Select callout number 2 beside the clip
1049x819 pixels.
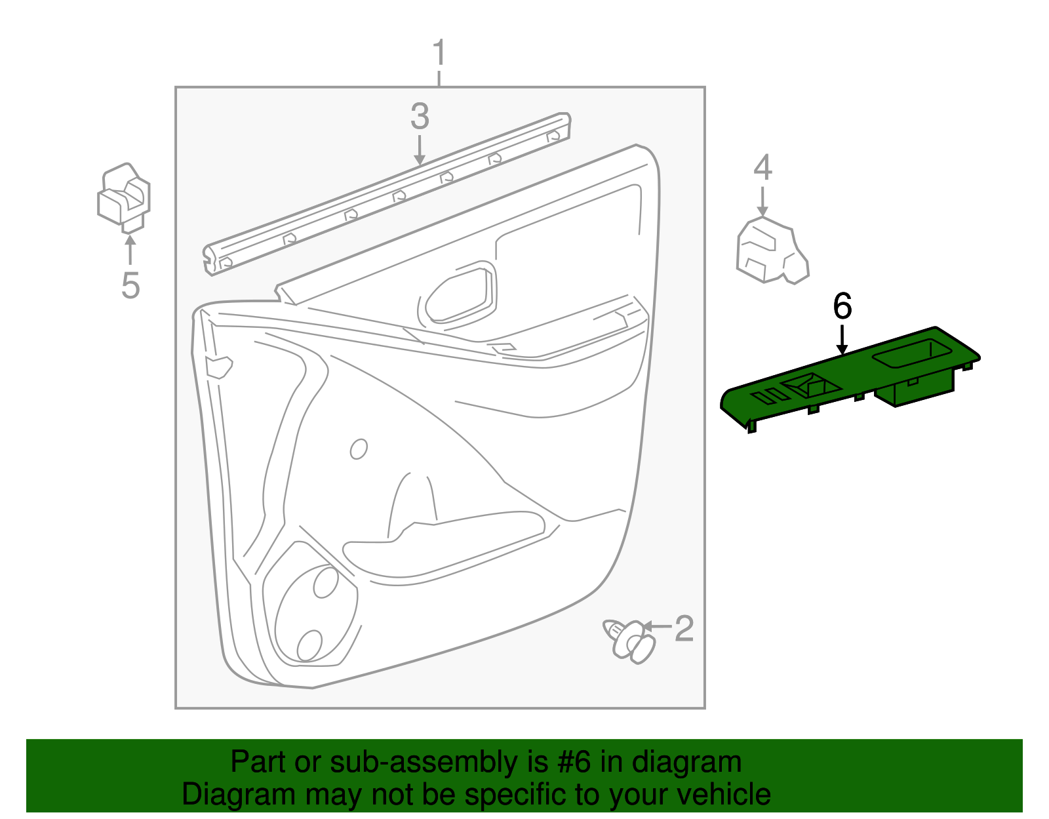point(684,629)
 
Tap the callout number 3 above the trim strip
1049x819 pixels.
point(420,117)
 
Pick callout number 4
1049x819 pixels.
point(762,168)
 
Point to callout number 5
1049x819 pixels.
point(130,285)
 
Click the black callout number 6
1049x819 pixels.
point(842,306)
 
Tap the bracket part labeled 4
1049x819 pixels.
point(770,251)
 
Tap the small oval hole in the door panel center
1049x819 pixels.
point(359,449)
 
